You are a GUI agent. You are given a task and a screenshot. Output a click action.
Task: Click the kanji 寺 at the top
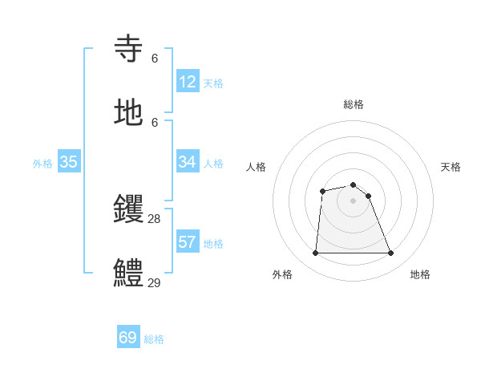[x=128, y=48]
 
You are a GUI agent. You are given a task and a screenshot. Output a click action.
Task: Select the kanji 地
[x=128, y=112]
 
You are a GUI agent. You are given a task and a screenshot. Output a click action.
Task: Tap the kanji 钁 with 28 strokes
[x=128, y=209]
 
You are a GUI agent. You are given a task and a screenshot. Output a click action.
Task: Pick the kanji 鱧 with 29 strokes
[x=128, y=273]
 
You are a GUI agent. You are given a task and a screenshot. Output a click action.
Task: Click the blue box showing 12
[x=188, y=82]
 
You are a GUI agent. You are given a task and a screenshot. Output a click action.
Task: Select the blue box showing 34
[x=188, y=162]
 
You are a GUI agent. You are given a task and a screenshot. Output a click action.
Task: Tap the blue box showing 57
[x=188, y=242]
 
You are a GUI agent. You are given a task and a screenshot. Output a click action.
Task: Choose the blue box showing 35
[x=69, y=162]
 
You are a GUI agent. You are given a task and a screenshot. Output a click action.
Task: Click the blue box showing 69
[x=128, y=338]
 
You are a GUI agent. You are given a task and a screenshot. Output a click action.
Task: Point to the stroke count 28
[x=155, y=218]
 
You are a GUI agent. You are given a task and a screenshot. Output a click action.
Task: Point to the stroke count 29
[x=155, y=282]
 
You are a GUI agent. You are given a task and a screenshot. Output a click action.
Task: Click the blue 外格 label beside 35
[x=42, y=164]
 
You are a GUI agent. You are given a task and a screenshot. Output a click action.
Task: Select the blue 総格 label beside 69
[x=154, y=339]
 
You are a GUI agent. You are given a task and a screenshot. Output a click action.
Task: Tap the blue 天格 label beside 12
[x=213, y=83]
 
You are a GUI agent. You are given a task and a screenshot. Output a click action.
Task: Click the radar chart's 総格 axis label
[x=354, y=104]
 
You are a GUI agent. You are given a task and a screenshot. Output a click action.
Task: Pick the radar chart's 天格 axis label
[x=451, y=167]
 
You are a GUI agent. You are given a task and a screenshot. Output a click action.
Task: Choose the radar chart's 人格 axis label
[x=257, y=167]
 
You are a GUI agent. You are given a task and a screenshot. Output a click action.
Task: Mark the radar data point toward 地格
[x=391, y=253]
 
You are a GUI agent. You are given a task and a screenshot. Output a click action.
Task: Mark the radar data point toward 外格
[x=315, y=253]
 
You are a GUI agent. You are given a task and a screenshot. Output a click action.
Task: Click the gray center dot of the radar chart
[x=354, y=201]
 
